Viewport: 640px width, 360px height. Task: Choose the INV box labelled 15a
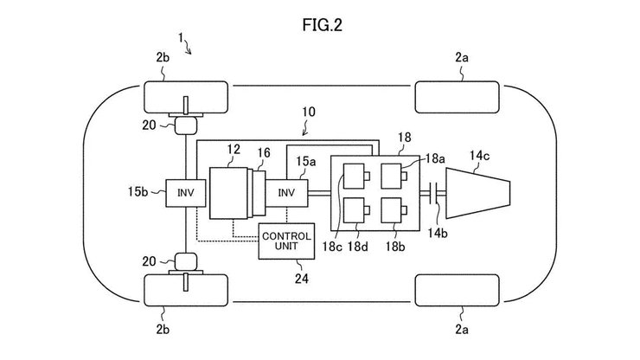(286, 193)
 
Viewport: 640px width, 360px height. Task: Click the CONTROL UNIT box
(286, 240)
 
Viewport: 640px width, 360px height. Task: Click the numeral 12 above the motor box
(232, 151)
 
